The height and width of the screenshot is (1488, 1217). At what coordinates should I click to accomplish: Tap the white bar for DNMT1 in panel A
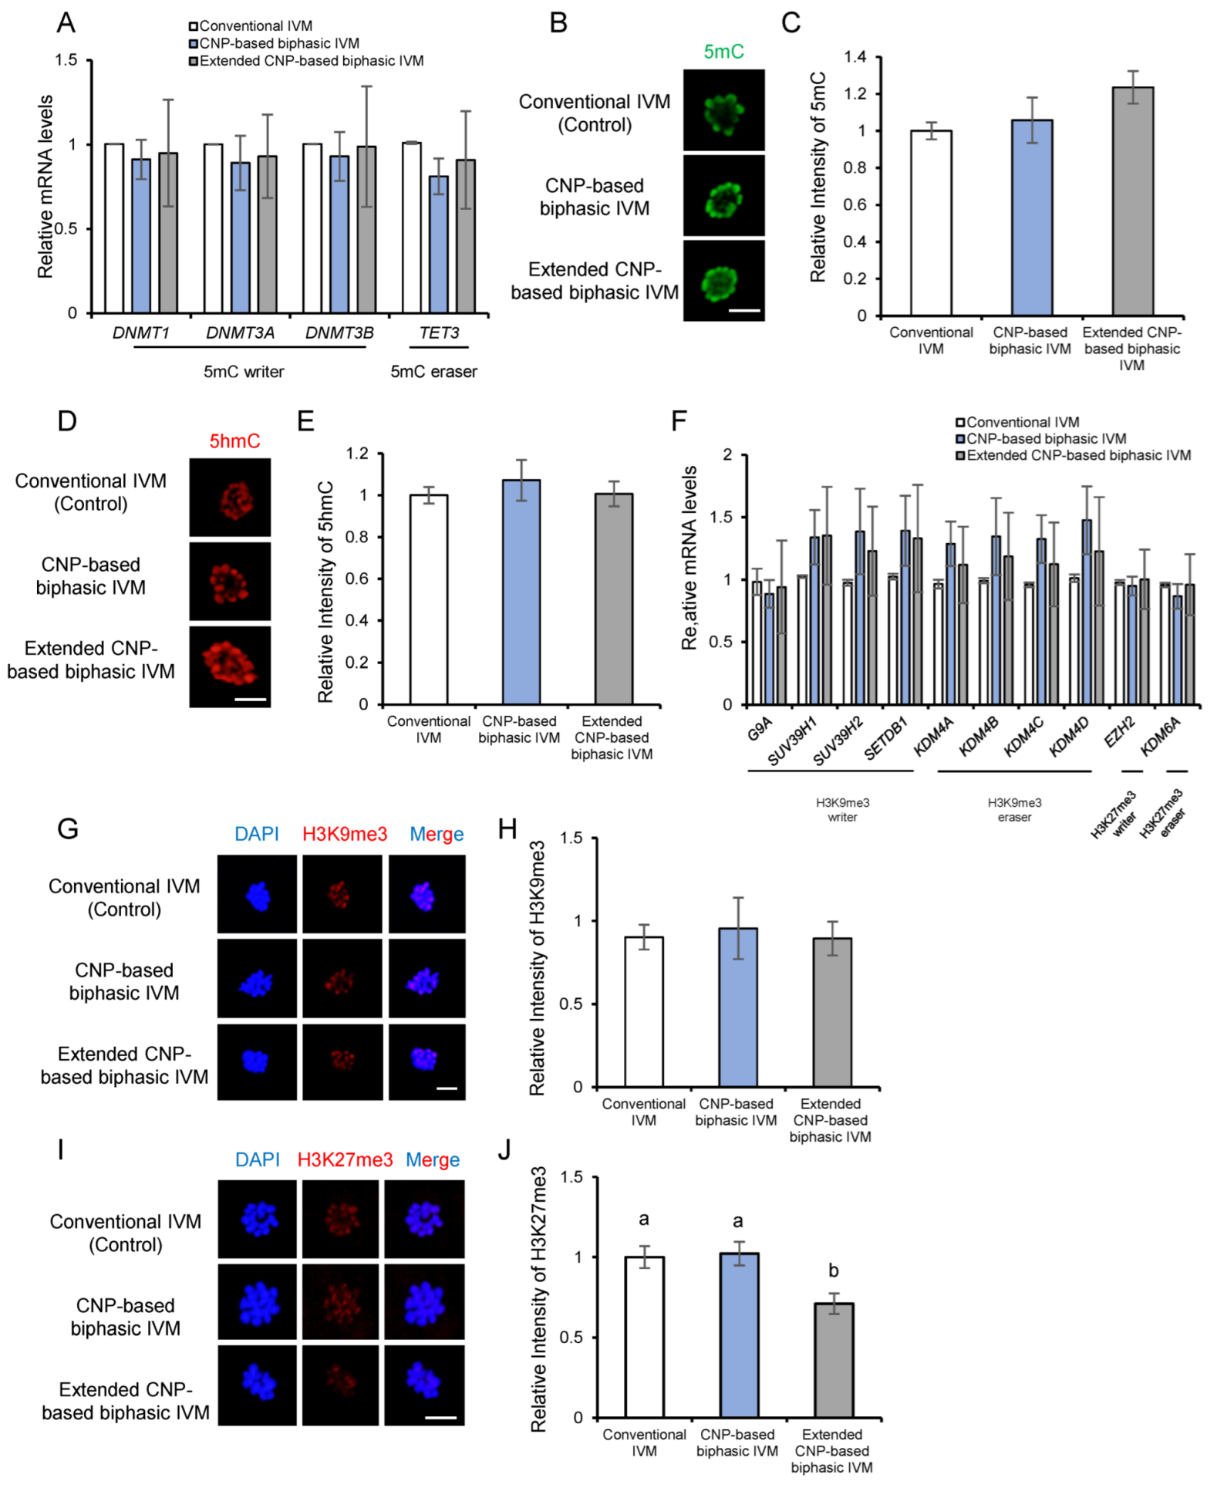114,228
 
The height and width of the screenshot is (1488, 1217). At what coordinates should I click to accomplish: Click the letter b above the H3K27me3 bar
833,1270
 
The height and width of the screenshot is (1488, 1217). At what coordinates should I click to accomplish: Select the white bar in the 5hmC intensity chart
429,599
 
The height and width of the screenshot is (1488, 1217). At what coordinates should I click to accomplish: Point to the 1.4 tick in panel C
855,57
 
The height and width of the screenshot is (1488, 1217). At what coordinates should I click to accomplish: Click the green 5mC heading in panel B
723,52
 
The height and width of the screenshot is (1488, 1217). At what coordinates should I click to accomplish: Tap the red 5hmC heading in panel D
234,441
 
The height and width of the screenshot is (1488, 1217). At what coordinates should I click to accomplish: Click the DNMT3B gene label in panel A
339,333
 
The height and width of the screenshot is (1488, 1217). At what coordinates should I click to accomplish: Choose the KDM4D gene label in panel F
1069,737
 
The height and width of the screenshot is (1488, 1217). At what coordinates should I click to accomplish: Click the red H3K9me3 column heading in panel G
345,834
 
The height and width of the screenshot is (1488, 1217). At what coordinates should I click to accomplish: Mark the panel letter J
505,1150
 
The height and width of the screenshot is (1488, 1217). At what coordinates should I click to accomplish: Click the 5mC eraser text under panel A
433,372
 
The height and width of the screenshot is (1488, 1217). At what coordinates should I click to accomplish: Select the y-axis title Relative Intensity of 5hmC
325,592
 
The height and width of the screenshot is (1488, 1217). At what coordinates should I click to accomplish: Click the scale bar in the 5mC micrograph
744,310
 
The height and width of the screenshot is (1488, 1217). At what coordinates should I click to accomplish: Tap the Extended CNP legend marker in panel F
960,456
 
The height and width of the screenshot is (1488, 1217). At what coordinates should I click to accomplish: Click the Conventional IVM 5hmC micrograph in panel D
230,498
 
